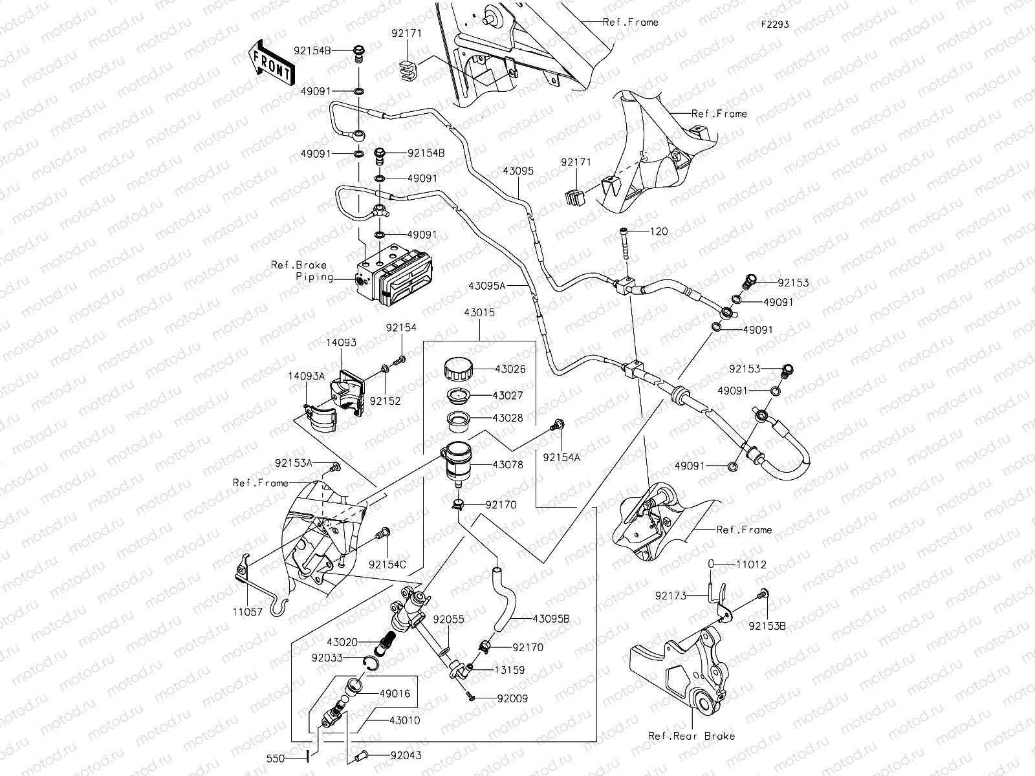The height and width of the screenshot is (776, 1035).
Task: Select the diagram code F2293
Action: pyautogui.click(x=774, y=25)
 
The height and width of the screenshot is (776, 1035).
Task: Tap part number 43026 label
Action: pyautogui.click(x=510, y=369)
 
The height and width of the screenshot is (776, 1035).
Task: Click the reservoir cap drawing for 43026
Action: pyautogui.click(x=458, y=370)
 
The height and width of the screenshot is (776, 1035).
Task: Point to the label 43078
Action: pyautogui.click(x=508, y=464)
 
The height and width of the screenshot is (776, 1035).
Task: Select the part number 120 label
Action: pyautogui.click(x=659, y=232)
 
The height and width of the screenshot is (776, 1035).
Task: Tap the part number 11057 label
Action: pyautogui.click(x=249, y=612)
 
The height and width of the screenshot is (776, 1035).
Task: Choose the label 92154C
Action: pyautogui.click(x=387, y=564)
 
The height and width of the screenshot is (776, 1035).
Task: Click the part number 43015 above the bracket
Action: pyautogui.click(x=479, y=313)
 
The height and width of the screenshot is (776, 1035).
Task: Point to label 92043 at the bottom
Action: pyautogui.click(x=406, y=755)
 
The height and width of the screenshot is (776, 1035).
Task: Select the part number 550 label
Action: pyautogui.click(x=276, y=758)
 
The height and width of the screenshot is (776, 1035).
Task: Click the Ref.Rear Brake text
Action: pyautogui.click(x=692, y=736)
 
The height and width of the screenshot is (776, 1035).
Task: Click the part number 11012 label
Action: pyautogui.click(x=751, y=564)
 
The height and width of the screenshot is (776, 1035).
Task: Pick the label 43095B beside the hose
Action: pyautogui.click(x=550, y=618)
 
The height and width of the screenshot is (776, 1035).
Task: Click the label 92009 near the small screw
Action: pyautogui.click(x=512, y=698)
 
